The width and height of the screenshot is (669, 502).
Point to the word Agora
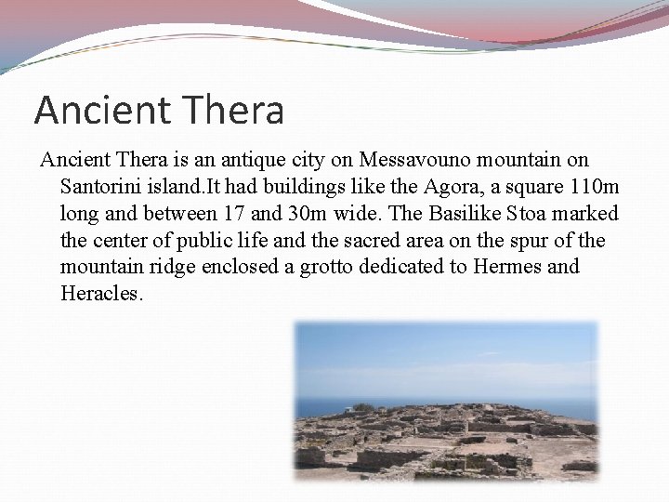click(400, 187)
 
